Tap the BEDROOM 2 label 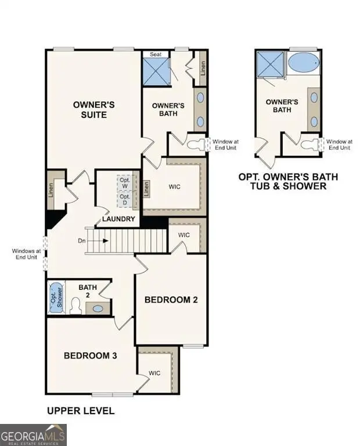(171, 300)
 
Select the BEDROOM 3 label (91, 355)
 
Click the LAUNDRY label (118, 219)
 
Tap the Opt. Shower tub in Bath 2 (55, 297)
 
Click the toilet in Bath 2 (75, 305)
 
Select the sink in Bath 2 (98, 308)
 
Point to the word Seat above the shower (156, 55)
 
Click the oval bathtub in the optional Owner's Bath (303, 63)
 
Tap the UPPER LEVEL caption (80, 411)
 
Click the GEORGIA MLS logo (34, 434)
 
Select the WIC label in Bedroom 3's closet (154, 372)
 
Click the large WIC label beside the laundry (174, 187)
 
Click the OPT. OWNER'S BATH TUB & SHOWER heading (288, 181)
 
